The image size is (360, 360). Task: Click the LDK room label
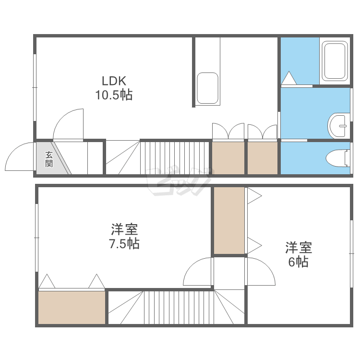point(114,81)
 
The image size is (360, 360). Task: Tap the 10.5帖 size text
point(114,95)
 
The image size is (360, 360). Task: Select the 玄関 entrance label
point(49,159)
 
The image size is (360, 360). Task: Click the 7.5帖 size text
point(124,243)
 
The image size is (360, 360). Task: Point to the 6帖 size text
point(298,262)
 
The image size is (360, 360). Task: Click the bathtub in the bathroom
point(335,61)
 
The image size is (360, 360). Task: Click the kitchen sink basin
point(207,88)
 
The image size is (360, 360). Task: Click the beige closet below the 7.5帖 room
point(72,308)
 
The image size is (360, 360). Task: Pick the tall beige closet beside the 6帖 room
point(229,221)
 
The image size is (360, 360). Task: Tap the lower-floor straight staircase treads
point(175,158)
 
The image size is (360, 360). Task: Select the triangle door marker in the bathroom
point(289,78)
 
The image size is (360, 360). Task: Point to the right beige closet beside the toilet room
point(263,158)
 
